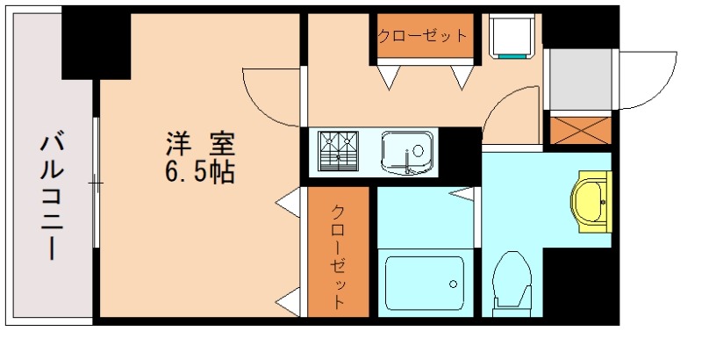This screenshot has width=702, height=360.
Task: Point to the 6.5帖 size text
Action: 200,172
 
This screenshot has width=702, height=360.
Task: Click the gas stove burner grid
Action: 339,151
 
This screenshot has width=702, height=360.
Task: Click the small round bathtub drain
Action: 453,284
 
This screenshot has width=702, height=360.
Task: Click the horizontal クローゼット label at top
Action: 423,36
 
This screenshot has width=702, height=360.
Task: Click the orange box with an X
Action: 579,130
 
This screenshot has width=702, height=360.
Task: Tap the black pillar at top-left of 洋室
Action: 96,44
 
